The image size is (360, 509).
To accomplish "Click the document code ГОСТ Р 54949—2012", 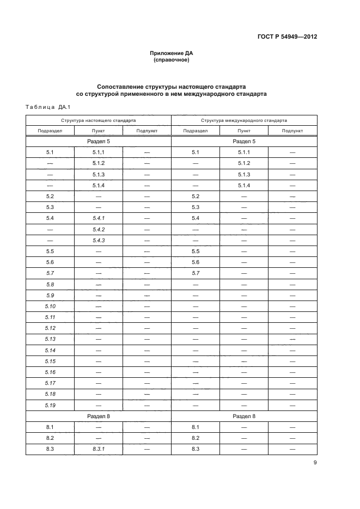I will [287, 37].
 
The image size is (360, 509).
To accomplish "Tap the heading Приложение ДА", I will [172, 53].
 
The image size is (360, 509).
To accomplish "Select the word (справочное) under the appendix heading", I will [172, 60].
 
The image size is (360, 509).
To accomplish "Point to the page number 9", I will [315, 463].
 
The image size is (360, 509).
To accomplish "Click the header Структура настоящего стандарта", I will [99, 120].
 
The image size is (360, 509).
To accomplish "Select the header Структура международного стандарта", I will [244, 120].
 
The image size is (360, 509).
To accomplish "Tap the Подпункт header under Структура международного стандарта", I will [292, 131].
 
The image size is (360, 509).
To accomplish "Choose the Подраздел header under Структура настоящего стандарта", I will [50, 131].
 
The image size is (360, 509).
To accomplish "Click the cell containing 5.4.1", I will [99, 218].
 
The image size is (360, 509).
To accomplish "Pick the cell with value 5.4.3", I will [99, 240].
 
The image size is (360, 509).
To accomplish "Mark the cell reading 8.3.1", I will [99, 449].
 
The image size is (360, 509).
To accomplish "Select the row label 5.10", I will [50, 306].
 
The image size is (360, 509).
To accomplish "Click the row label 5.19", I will [50, 405].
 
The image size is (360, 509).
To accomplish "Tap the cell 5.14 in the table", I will [50, 350].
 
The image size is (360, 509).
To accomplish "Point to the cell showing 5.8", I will [50, 284].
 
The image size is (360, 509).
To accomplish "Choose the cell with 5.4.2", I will [99, 229].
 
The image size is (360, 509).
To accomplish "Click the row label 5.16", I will [50, 372].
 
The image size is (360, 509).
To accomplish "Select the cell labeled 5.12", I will [50, 328].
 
